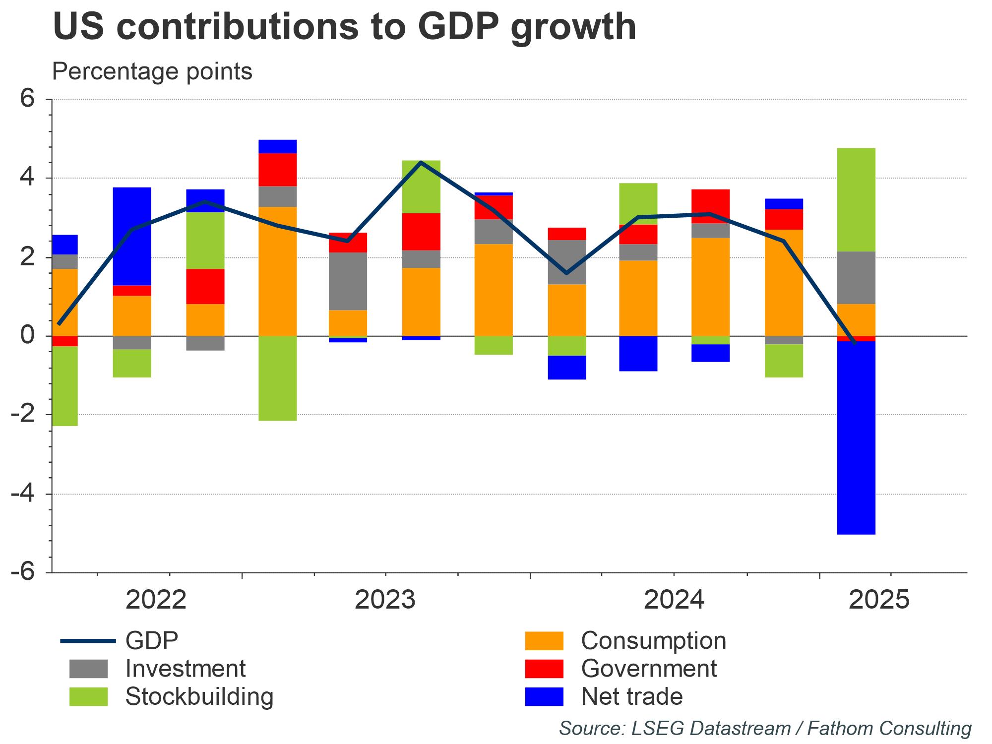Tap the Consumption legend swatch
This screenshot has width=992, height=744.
(544, 640)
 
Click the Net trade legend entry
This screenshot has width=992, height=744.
(631, 696)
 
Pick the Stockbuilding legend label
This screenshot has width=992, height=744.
(199, 696)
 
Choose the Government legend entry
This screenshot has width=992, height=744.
(648, 669)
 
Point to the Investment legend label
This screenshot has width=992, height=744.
(185, 669)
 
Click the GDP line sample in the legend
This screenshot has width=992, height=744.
(88, 641)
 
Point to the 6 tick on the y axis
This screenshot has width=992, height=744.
(28, 99)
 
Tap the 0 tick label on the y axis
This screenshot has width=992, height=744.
(28, 336)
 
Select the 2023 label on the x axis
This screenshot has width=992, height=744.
(385, 600)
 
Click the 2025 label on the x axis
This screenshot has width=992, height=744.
(879, 600)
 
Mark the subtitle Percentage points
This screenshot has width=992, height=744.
(152, 71)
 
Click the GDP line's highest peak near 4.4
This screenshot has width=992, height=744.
(421, 162)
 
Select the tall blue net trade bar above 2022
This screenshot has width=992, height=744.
(132, 236)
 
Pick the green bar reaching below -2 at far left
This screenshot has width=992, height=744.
(65, 386)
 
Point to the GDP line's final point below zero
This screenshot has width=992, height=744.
(854, 343)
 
